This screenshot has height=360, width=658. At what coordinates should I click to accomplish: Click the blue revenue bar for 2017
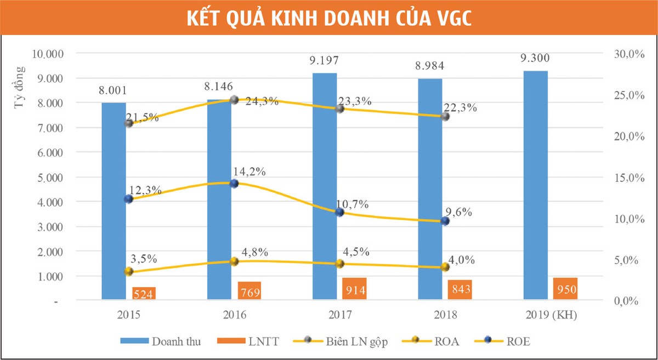325,186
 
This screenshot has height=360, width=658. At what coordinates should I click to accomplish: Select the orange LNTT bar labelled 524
144,293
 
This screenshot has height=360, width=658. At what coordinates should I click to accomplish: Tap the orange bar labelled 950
565,289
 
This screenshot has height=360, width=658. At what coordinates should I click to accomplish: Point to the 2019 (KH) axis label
551,316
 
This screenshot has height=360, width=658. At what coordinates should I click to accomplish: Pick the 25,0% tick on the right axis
627,95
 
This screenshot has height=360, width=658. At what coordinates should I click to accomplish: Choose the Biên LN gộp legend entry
351,341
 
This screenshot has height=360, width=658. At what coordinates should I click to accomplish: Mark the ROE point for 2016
234,184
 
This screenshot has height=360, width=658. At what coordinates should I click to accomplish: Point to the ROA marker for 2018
445,267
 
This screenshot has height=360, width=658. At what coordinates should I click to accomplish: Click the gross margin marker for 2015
129,123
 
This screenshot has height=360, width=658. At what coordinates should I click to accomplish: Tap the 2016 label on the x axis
234,316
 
